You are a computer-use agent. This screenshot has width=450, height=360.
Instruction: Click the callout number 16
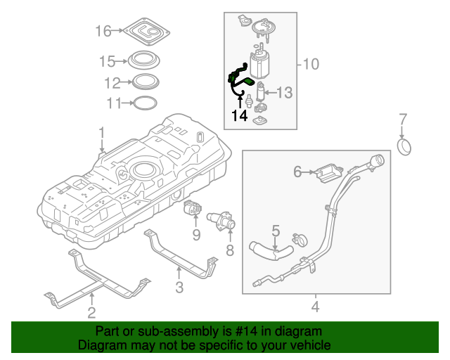coord(103,31)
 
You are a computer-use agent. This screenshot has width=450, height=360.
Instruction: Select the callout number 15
coord(107,60)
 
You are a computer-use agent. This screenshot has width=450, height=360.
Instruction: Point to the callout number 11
coord(114,103)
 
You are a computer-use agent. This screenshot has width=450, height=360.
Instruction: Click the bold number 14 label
coord(240,115)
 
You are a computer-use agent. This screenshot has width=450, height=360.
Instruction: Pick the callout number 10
coord(310,65)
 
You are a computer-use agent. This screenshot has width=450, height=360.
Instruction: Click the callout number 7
coord(403,117)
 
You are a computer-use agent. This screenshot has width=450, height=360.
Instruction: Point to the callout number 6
coord(297,171)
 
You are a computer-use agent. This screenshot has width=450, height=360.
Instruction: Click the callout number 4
coord(315,307)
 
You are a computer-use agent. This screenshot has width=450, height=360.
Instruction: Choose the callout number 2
coord(91,312)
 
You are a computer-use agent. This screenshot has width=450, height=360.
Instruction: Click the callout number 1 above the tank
coord(101,132)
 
